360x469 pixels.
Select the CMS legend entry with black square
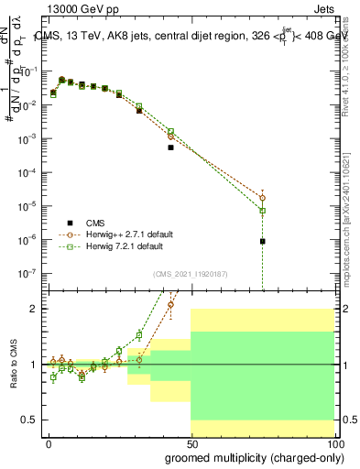tap(95, 223)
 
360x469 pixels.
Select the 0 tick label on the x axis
tap(49, 443)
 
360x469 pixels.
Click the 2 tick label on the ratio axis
tap(35, 309)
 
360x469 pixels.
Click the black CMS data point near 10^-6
tap(263, 242)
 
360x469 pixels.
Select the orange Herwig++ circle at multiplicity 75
tap(263, 197)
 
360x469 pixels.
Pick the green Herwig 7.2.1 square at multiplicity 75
tap(263, 211)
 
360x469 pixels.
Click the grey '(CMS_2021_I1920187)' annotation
tap(190, 272)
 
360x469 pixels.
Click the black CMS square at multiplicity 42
tap(171, 147)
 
